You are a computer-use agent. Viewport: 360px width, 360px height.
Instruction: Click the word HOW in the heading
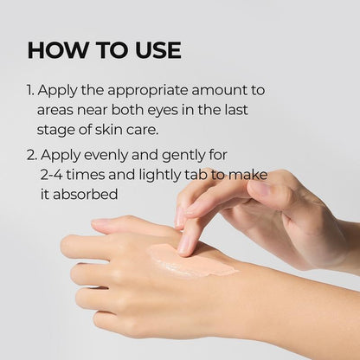54,49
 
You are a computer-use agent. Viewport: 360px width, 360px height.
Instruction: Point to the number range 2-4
53,177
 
